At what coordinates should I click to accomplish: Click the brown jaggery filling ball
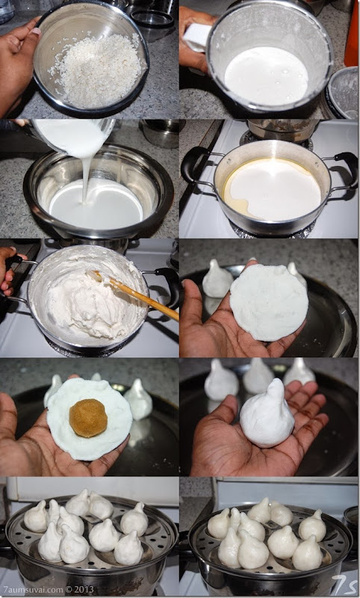88,418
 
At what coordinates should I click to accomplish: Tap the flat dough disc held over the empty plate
269,301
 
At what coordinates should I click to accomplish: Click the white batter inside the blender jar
267,75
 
